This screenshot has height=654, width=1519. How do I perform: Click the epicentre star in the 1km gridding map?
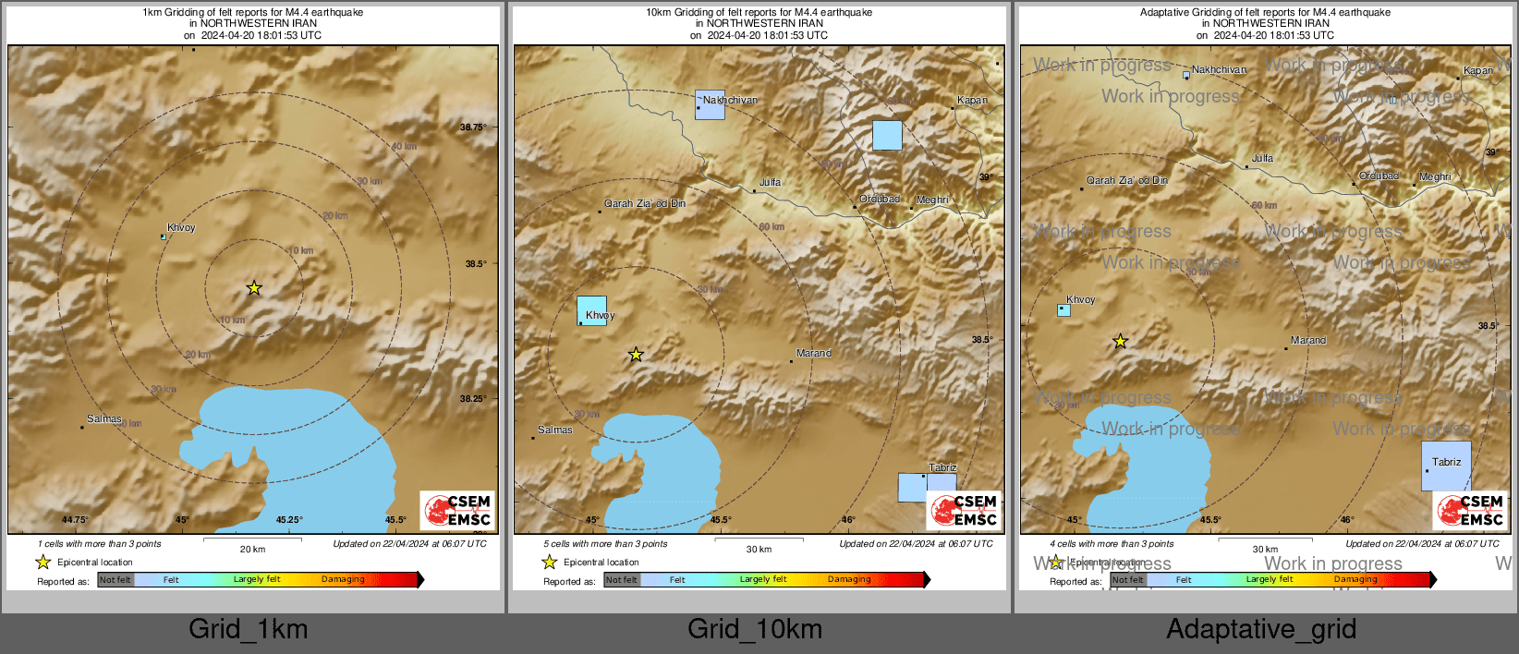coord(254,288)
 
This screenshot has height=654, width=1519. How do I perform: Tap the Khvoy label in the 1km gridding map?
coord(181,228)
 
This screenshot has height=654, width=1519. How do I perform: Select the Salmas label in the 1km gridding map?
coord(104,419)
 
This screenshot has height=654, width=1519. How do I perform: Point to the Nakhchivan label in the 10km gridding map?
coord(730,100)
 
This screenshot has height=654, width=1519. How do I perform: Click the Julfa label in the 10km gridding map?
coord(770,183)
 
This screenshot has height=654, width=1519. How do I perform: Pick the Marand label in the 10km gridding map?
coord(814,354)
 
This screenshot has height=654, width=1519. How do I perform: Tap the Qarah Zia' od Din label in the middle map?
coord(645,204)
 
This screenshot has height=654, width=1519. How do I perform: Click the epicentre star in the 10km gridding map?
coord(636,355)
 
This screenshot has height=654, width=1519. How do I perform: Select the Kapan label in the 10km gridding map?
coord(972,101)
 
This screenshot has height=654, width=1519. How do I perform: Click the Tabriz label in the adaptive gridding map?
coord(1447,463)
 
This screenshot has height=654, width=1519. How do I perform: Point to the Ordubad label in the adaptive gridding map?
coord(1379,176)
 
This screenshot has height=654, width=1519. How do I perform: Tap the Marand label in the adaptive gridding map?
coord(1308,341)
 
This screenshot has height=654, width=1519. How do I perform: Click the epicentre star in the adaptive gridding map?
coord(1120,342)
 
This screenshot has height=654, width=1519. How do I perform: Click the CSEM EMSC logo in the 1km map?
coord(457,511)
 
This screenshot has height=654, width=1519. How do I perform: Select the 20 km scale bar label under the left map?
coord(252,550)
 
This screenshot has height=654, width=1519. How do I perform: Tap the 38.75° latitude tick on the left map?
coord(473,127)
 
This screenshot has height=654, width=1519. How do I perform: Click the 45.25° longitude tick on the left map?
coord(289,520)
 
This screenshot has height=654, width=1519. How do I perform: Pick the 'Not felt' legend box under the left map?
coord(115,580)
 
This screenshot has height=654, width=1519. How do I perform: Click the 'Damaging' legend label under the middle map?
coord(849,580)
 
